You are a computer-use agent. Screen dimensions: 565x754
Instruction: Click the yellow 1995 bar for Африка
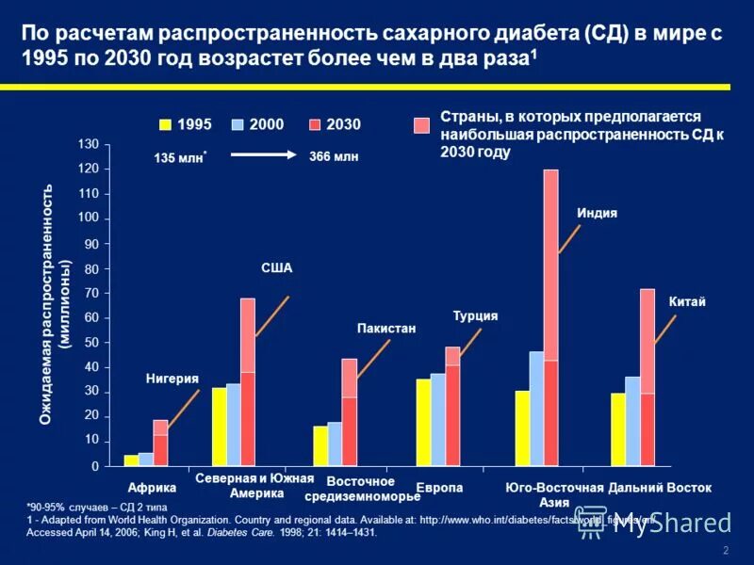tap(131, 460)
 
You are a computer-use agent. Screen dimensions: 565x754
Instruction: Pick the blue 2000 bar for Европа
tap(437, 419)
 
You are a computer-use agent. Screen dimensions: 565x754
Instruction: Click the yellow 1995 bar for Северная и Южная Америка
tap(219, 427)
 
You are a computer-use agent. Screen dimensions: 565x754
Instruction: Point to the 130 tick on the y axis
tap(88, 144)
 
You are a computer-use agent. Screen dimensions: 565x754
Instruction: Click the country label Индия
tap(597, 213)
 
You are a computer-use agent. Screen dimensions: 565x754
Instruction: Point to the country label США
tap(276, 268)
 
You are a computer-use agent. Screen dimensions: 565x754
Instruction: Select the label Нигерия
tap(172, 379)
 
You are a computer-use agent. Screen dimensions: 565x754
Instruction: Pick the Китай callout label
tap(687, 301)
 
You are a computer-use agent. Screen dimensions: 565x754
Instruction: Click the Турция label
tap(475, 316)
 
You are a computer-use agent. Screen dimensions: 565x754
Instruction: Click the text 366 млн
tap(334, 157)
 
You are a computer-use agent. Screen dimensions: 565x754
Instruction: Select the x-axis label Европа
tap(439, 488)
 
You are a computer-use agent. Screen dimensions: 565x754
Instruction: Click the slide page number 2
tap(726, 551)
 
